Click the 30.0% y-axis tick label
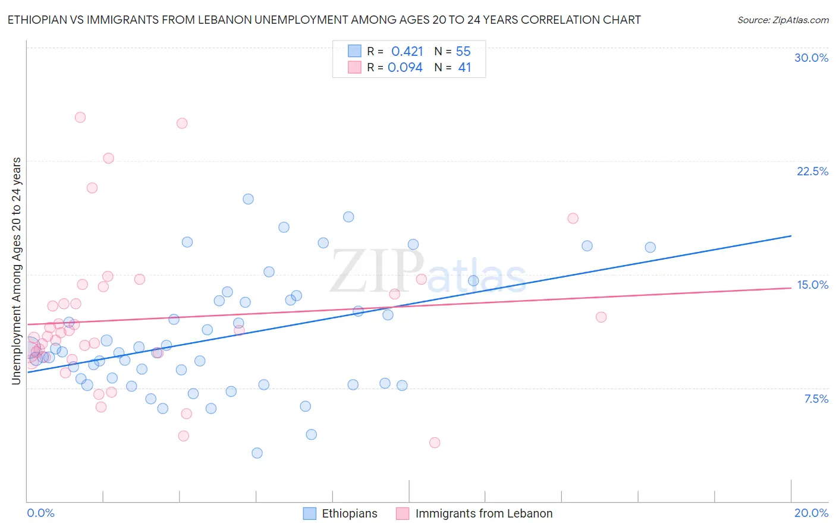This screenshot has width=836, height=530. [x=811, y=58]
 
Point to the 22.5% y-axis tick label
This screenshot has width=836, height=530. [x=812, y=171]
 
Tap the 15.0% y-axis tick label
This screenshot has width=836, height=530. [x=812, y=285]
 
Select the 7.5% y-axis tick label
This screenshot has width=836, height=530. [x=816, y=399]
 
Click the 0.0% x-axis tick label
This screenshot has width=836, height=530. [x=40, y=513]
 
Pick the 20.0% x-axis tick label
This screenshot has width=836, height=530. [x=811, y=513]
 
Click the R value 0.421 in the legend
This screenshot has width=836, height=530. [x=407, y=52]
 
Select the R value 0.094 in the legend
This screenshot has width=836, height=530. [x=405, y=68]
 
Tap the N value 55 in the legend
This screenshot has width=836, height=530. [x=463, y=52]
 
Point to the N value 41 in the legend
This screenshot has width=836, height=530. [x=464, y=68]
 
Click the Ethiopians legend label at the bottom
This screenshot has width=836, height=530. [x=349, y=513]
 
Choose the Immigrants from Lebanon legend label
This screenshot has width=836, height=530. [x=483, y=513]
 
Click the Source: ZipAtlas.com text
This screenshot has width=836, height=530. [x=782, y=20]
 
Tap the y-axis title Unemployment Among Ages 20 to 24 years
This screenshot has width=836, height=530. [x=17, y=271]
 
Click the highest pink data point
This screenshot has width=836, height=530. [x=80, y=117]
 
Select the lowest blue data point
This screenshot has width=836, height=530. [x=257, y=453]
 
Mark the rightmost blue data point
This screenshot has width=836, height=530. [x=650, y=247]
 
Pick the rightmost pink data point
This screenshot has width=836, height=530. [x=601, y=317]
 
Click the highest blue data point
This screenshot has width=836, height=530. [x=248, y=199]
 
